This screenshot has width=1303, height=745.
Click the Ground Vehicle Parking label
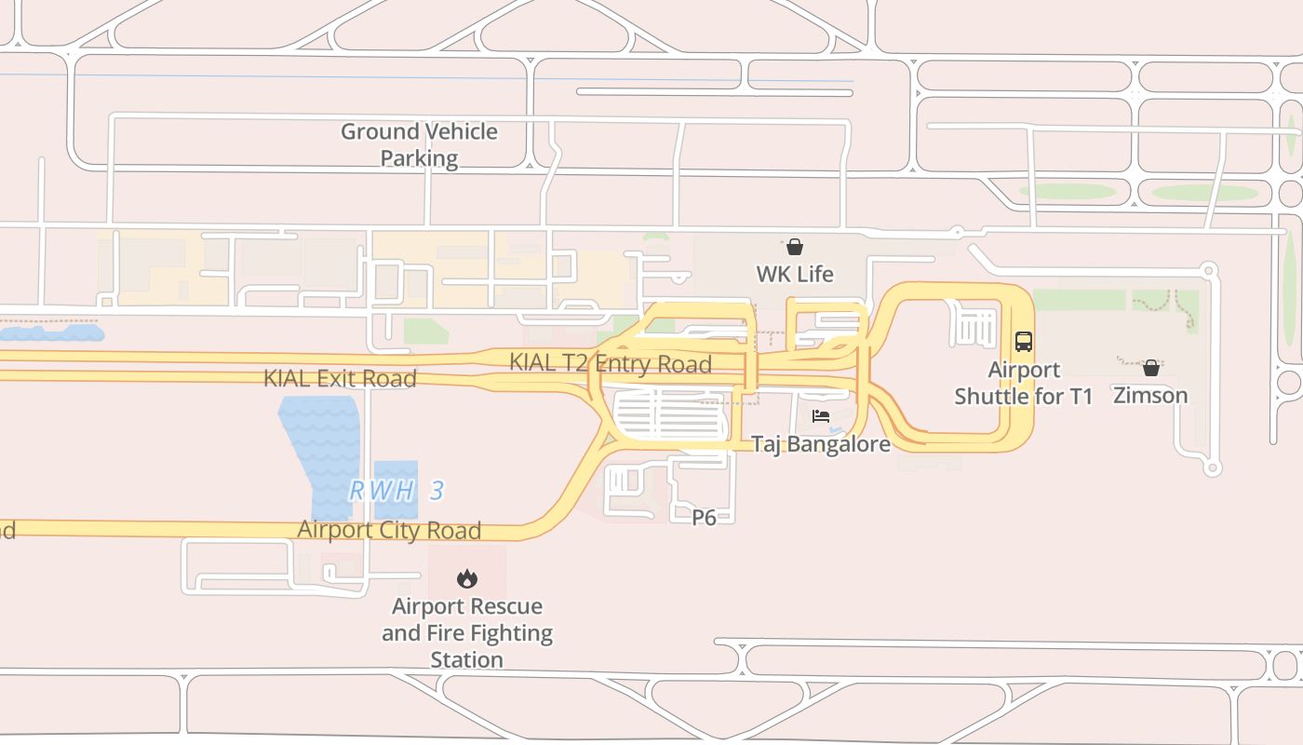[419, 144]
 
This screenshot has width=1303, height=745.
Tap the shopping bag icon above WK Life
[795, 247]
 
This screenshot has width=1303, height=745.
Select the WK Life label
[795, 274]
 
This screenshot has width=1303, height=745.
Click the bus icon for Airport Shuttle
[1024, 341]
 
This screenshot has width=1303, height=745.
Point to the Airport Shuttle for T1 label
[1024, 383]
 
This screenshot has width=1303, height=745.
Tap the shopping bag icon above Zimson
[1151, 368]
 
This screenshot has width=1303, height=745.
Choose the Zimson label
[1151, 395]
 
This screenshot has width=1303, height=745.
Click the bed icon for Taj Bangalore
[821, 416]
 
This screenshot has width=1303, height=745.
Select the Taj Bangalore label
[821, 443]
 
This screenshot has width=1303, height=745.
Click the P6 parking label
[705, 517]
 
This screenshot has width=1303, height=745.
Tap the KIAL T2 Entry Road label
[611, 363]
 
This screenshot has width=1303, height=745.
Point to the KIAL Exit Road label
[340, 378]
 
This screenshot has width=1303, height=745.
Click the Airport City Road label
[389, 530]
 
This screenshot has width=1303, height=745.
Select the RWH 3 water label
[396, 491]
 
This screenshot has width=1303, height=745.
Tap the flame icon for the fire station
[467, 579]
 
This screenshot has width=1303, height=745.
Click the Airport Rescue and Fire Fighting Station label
[467, 632]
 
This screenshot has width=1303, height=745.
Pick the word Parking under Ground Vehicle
[419, 158]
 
